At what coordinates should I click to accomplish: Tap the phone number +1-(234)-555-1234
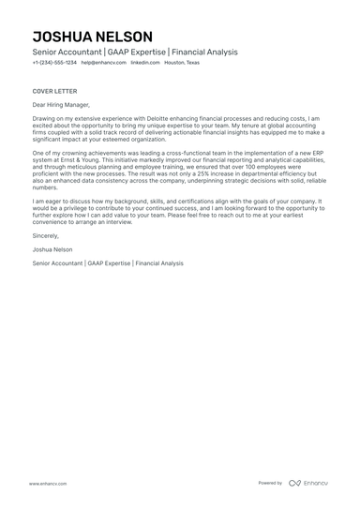(53, 63)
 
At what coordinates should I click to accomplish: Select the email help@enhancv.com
(103, 63)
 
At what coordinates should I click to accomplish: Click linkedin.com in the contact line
(144, 63)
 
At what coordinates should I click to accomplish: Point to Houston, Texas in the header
(182, 63)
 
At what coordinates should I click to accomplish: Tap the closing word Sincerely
(47, 240)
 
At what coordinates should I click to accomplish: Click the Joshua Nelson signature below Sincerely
(53, 251)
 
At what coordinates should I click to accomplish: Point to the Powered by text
(270, 483)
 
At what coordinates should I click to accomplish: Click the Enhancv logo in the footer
(309, 483)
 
